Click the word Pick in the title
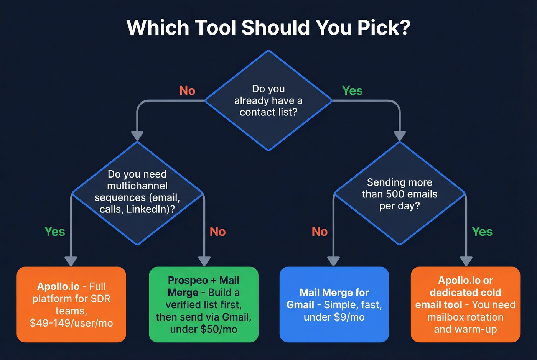tap(383, 28)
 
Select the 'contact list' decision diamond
tap(268, 100)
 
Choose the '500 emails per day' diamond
tap(400, 194)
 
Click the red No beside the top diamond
tap(187, 90)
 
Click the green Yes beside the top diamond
tap(352, 90)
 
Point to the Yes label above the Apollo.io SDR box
tap(55, 232)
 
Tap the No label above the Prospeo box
tap(217, 232)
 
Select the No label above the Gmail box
tap(320, 232)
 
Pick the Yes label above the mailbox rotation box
tap(482, 232)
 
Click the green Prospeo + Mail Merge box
tap(204, 304)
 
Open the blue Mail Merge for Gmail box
tap(334, 304)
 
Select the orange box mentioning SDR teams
tap(71, 304)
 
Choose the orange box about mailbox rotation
tap(465, 304)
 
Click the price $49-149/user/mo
tap(71, 323)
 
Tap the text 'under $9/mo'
tap(334, 317)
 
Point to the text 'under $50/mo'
tap(204, 329)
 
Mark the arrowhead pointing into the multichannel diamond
tap(137, 136)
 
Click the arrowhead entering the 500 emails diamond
tap(400, 136)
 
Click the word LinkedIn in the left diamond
tap(148, 209)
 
